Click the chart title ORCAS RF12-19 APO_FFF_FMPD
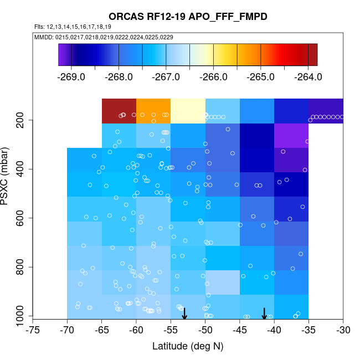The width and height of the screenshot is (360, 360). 188,17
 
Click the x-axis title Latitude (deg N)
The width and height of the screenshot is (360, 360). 188,347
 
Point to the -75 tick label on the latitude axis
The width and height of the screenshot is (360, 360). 33,331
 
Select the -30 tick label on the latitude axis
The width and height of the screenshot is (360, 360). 343,331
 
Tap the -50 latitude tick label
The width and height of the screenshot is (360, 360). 205,331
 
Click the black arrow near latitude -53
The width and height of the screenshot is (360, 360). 184,313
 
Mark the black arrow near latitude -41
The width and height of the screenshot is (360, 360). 264,313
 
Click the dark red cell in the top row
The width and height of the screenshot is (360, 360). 119,111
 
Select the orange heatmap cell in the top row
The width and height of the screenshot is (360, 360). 153,111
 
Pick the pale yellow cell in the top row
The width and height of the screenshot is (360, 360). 188,111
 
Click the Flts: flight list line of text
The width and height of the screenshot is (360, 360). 73,27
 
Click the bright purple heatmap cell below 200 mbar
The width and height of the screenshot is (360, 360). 291,136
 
